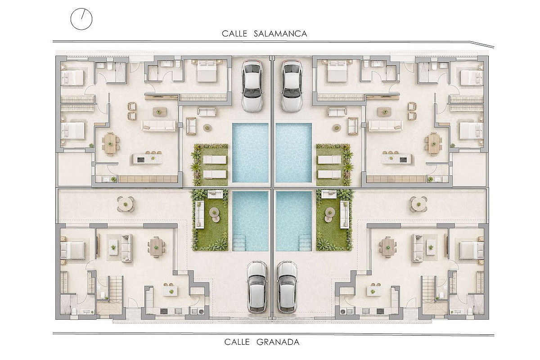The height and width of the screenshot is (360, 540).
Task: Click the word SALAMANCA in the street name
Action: point(280,33)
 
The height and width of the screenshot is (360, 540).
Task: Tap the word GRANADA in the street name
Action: point(278,342)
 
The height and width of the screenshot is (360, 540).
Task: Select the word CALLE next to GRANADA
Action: point(237,342)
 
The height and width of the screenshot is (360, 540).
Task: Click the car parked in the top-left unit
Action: point(252,86)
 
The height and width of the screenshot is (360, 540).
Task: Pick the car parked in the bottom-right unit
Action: point(288,287)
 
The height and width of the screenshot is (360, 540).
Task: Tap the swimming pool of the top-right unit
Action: point(294,153)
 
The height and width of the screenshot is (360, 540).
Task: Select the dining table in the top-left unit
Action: point(110,144)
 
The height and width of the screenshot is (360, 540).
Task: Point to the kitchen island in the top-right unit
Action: point(396,159)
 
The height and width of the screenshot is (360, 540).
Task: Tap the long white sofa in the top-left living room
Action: point(158,126)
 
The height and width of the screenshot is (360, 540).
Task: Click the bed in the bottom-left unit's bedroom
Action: point(72,250)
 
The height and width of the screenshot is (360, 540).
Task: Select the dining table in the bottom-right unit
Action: point(387,247)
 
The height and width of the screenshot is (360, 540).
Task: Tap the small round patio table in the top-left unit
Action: point(207,127)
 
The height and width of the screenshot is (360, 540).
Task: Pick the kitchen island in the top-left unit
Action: point(148,159)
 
